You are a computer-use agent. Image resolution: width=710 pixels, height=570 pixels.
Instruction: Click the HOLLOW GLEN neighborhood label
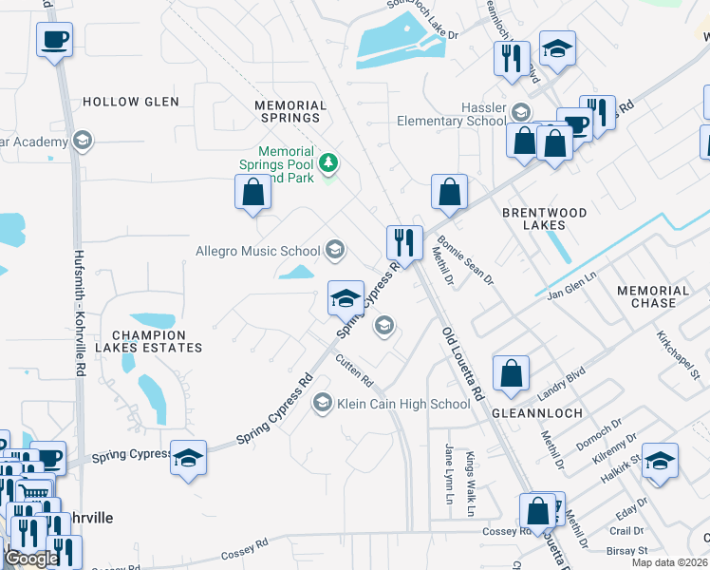[x=124, y=102]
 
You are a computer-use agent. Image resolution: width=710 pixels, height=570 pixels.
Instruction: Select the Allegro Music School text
[x=258, y=251]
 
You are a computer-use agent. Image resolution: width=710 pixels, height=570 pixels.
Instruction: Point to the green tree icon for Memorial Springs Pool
[x=328, y=163]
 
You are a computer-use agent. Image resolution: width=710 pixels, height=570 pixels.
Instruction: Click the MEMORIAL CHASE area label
[x=653, y=296]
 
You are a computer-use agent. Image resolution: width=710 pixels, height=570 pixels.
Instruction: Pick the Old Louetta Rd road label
[x=463, y=363]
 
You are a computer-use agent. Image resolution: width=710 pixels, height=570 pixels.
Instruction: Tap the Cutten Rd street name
[x=355, y=370]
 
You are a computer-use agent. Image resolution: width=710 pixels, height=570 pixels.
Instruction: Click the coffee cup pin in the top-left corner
[x=54, y=41]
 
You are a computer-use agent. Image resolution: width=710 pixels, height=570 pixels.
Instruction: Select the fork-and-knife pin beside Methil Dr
[x=404, y=242]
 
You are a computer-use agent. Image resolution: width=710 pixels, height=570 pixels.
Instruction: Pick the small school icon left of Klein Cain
[x=322, y=404]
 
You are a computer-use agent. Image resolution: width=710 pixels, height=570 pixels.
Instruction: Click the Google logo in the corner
[x=31, y=559]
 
